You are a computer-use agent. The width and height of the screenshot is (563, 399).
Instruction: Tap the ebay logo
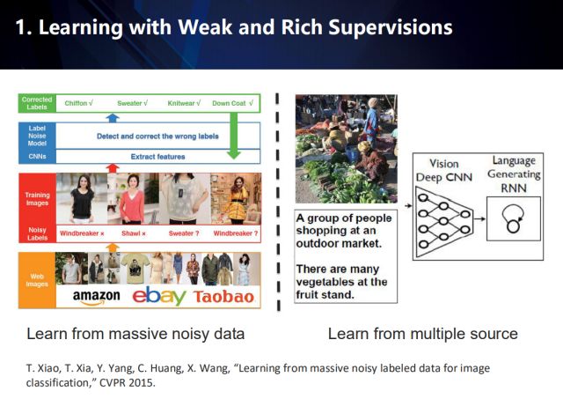pyautogui.click(x=159, y=294)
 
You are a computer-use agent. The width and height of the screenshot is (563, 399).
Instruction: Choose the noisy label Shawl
pyautogui.click(x=132, y=233)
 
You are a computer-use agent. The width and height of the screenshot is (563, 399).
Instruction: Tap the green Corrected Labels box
pyautogui.click(x=36, y=103)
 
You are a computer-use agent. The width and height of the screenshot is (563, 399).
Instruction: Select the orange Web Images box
pyautogui.click(x=36, y=279)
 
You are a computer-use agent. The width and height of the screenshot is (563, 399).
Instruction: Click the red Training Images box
pyautogui.click(x=36, y=199)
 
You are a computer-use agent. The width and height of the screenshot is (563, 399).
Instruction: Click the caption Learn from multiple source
pyautogui.click(x=422, y=334)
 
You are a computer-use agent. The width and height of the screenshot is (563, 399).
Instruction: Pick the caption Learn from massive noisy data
pyautogui.click(x=135, y=334)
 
